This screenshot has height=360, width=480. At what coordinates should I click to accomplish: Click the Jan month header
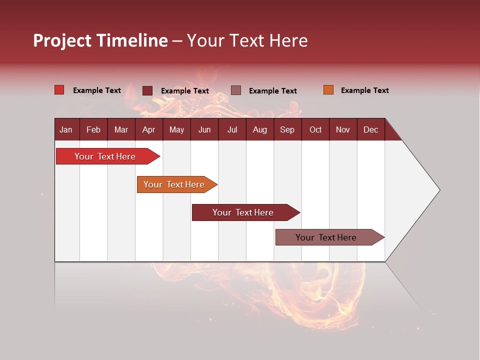click(x=66, y=129)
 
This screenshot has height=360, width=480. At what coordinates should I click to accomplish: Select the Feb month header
click(x=93, y=129)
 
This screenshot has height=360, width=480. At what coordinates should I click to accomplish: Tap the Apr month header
click(x=148, y=129)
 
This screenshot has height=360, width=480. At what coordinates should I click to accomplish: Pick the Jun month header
click(x=204, y=129)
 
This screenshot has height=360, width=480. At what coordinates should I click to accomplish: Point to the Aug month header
click(x=259, y=129)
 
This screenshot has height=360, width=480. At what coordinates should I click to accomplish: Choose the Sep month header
click(x=287, y=129)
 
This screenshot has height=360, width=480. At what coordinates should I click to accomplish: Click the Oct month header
click(x=315, y=129)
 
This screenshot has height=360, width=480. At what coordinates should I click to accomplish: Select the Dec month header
click(x=370, y=129)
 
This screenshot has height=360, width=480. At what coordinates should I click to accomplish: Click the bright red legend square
click(x=59, y=90)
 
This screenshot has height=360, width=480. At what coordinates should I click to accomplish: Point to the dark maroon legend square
click(x=147, y=90)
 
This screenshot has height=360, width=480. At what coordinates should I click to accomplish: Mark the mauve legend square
click(x=236, y=90)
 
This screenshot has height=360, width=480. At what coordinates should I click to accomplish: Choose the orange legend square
click(x=328, y=90)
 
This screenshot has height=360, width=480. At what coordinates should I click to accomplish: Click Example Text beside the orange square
click(x=364, y=90)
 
